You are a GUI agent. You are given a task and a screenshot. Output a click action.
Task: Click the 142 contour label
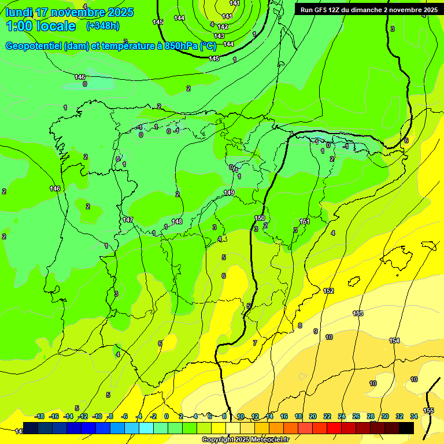click(x=223, y=27)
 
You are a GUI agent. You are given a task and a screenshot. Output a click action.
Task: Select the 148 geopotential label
click(x=177, y=221)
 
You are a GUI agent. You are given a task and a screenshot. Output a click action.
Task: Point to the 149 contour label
click(x=229, y=193)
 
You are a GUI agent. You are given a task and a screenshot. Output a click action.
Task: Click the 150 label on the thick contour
click(x=260, y=218)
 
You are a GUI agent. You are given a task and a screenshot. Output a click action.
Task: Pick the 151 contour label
click(x=305, y=221)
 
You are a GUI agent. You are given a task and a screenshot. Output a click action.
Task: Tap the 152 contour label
click(x=328, y=291)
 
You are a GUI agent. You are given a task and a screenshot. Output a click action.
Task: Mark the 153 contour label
click(x=358, y=313)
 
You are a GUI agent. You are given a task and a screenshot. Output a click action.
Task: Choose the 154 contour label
click(x=394, y=341)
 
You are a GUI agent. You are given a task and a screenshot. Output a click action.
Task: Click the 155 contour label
click(x=428, y=410)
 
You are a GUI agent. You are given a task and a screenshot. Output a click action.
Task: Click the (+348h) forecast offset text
click(x=102, y=26)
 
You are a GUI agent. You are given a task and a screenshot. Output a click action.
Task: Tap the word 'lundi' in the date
click(x=18, y=12)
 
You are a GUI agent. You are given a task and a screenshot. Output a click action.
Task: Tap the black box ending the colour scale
click(x=406, y=428)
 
